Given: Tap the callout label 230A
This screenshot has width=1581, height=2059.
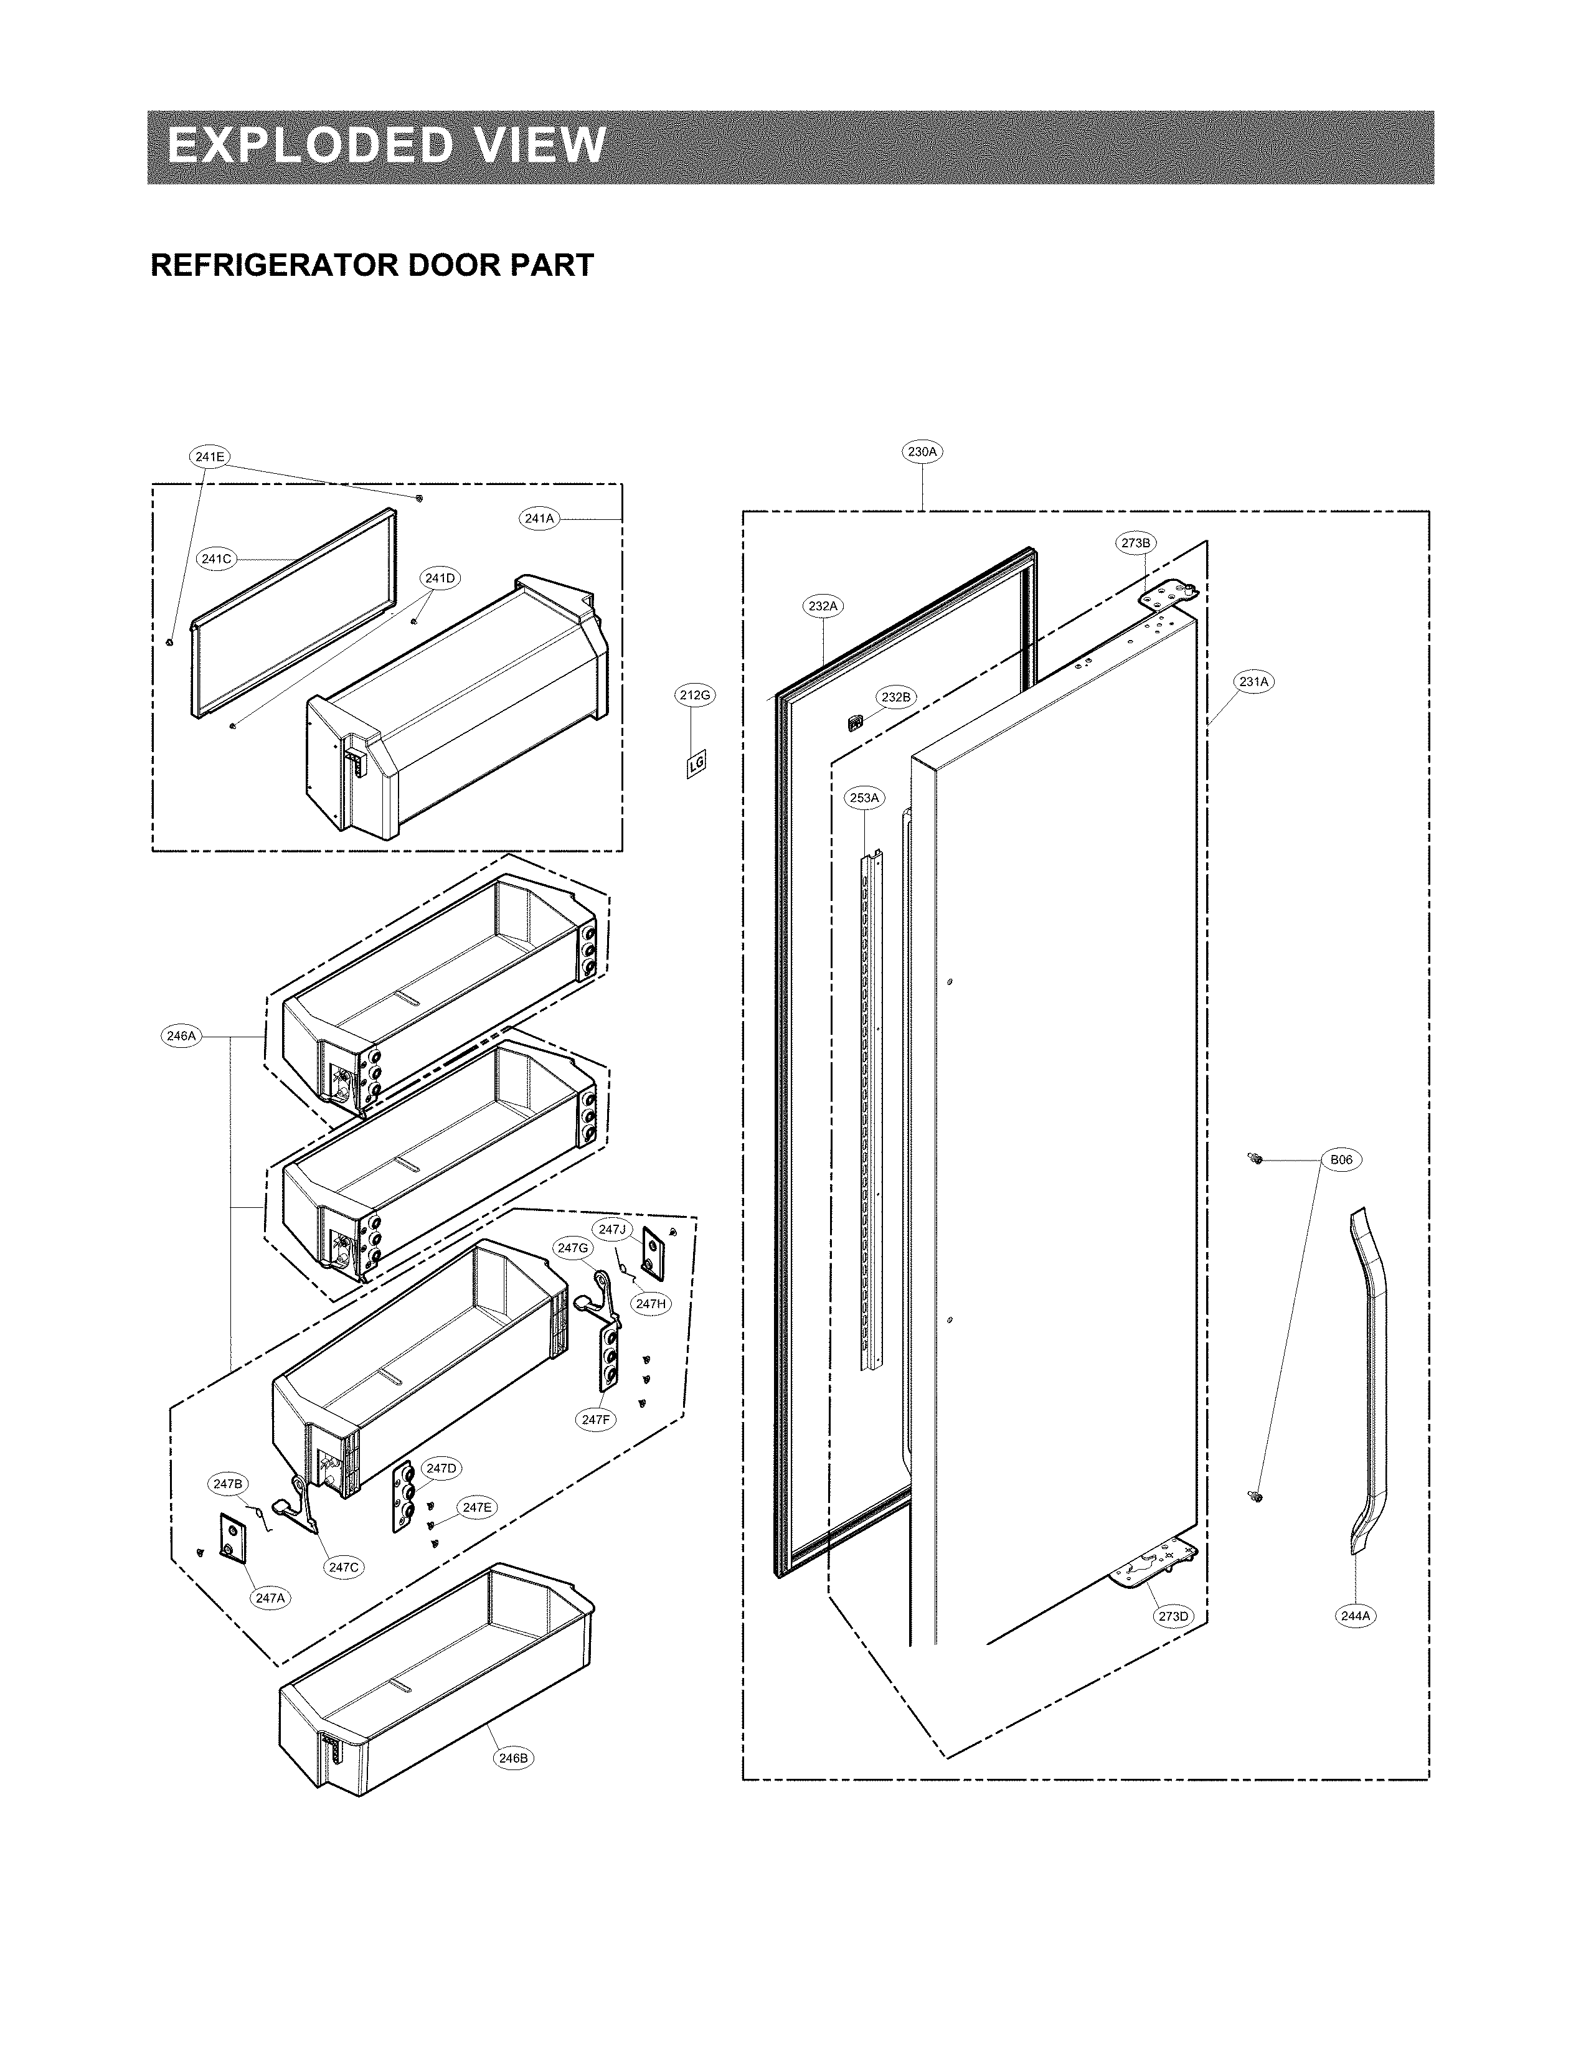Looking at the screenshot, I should (922, 451).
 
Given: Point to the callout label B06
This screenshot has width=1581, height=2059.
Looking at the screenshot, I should (1341, 1159).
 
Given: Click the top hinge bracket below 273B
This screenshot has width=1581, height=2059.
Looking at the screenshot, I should (1167, 594).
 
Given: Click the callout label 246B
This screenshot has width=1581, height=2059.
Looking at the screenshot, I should (514, 1757).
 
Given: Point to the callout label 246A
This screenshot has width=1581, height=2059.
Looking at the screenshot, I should (180, 1036).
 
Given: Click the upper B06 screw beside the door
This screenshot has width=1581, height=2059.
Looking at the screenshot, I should (1255, 1159).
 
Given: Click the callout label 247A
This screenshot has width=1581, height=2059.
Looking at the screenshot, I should (269, 1597).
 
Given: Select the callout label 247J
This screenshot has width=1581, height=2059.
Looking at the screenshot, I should (611, 1230).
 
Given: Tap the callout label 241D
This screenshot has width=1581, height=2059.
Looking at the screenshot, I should (440, 578).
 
